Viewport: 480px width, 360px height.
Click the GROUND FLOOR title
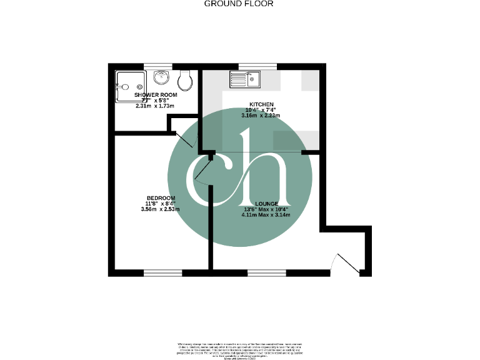[x=239, y=4]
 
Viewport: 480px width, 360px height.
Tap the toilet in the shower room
[x=184, y=80]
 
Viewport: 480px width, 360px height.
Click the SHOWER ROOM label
[x=156, y=95]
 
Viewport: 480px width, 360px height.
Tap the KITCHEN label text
[x=261, y=104]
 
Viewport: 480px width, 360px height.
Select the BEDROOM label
[x=161, y=198]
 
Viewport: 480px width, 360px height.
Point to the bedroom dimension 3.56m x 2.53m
[x=161, y=209]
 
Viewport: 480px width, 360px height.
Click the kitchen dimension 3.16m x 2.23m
[x=261, y=116]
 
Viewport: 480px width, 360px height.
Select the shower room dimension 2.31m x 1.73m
[x=156, y=106]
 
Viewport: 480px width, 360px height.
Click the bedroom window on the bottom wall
[x=162, y=272]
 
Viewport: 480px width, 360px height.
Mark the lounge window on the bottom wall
[x=267, y=272]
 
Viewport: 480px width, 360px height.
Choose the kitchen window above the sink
[x=257, y=66]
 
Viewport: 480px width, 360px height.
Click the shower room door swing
[x=186, y=139]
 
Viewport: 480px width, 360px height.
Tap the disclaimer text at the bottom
[x=239, y=349]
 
